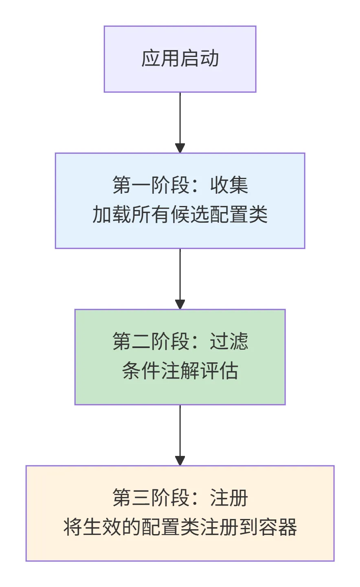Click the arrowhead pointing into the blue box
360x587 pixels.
coord(180,148)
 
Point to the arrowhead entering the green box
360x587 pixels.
coord(180,304)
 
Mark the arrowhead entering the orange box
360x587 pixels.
coord(180,461)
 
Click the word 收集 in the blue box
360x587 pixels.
coord(229,185)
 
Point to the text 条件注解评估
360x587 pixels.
coord(180,371)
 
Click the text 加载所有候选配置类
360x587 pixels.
coord(180,215)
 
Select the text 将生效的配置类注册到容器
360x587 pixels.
coord(180,528)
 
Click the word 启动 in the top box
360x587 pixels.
coord(200,59)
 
